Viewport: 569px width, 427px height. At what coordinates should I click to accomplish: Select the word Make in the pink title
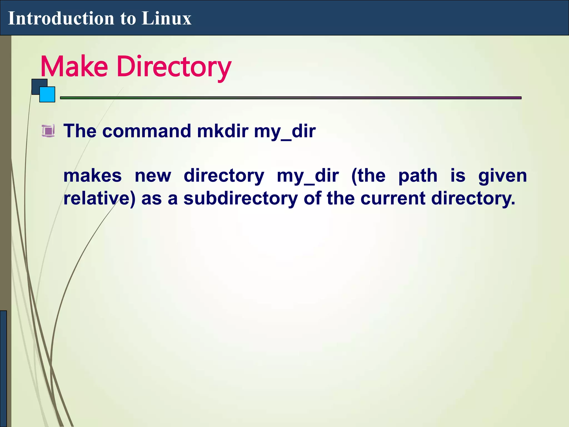(x=74, y=66)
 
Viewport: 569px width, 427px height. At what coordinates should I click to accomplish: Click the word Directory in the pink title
(x=174, y=67)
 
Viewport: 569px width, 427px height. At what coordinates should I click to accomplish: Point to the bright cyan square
(x=47, y=95)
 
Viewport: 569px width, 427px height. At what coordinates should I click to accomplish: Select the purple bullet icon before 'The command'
(x=48, y=131)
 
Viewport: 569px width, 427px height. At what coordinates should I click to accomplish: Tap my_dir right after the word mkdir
(x=285, y=131)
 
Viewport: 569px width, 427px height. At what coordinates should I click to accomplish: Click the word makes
(x=93, y=176)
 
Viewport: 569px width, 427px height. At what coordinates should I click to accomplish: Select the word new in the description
(x=153, y=176)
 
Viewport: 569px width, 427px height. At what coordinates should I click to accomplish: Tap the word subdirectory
(x=241, y=198)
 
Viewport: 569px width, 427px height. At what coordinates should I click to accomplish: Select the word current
(x=393, y=198)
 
